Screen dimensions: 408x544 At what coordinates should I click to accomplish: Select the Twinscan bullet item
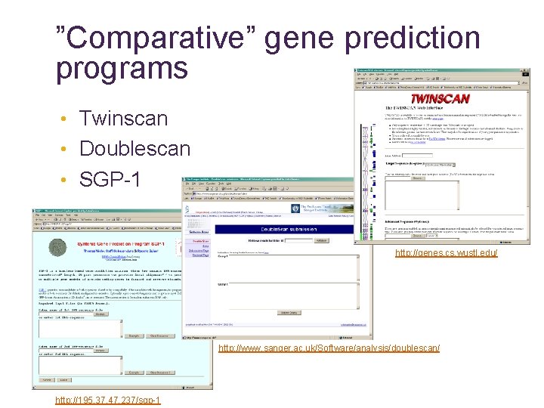click(x=123, y=119)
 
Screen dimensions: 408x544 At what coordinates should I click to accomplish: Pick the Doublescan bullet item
click(x=134, y=148)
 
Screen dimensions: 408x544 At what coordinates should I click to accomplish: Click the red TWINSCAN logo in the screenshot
click(x=440, y=98)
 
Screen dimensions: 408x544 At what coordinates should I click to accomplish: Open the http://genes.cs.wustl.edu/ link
click(x=447, y=252)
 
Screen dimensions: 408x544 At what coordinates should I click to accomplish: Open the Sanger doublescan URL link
click(x=329, y=348)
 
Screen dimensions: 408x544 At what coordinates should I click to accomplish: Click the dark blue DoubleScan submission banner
click(x=288, y=229)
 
